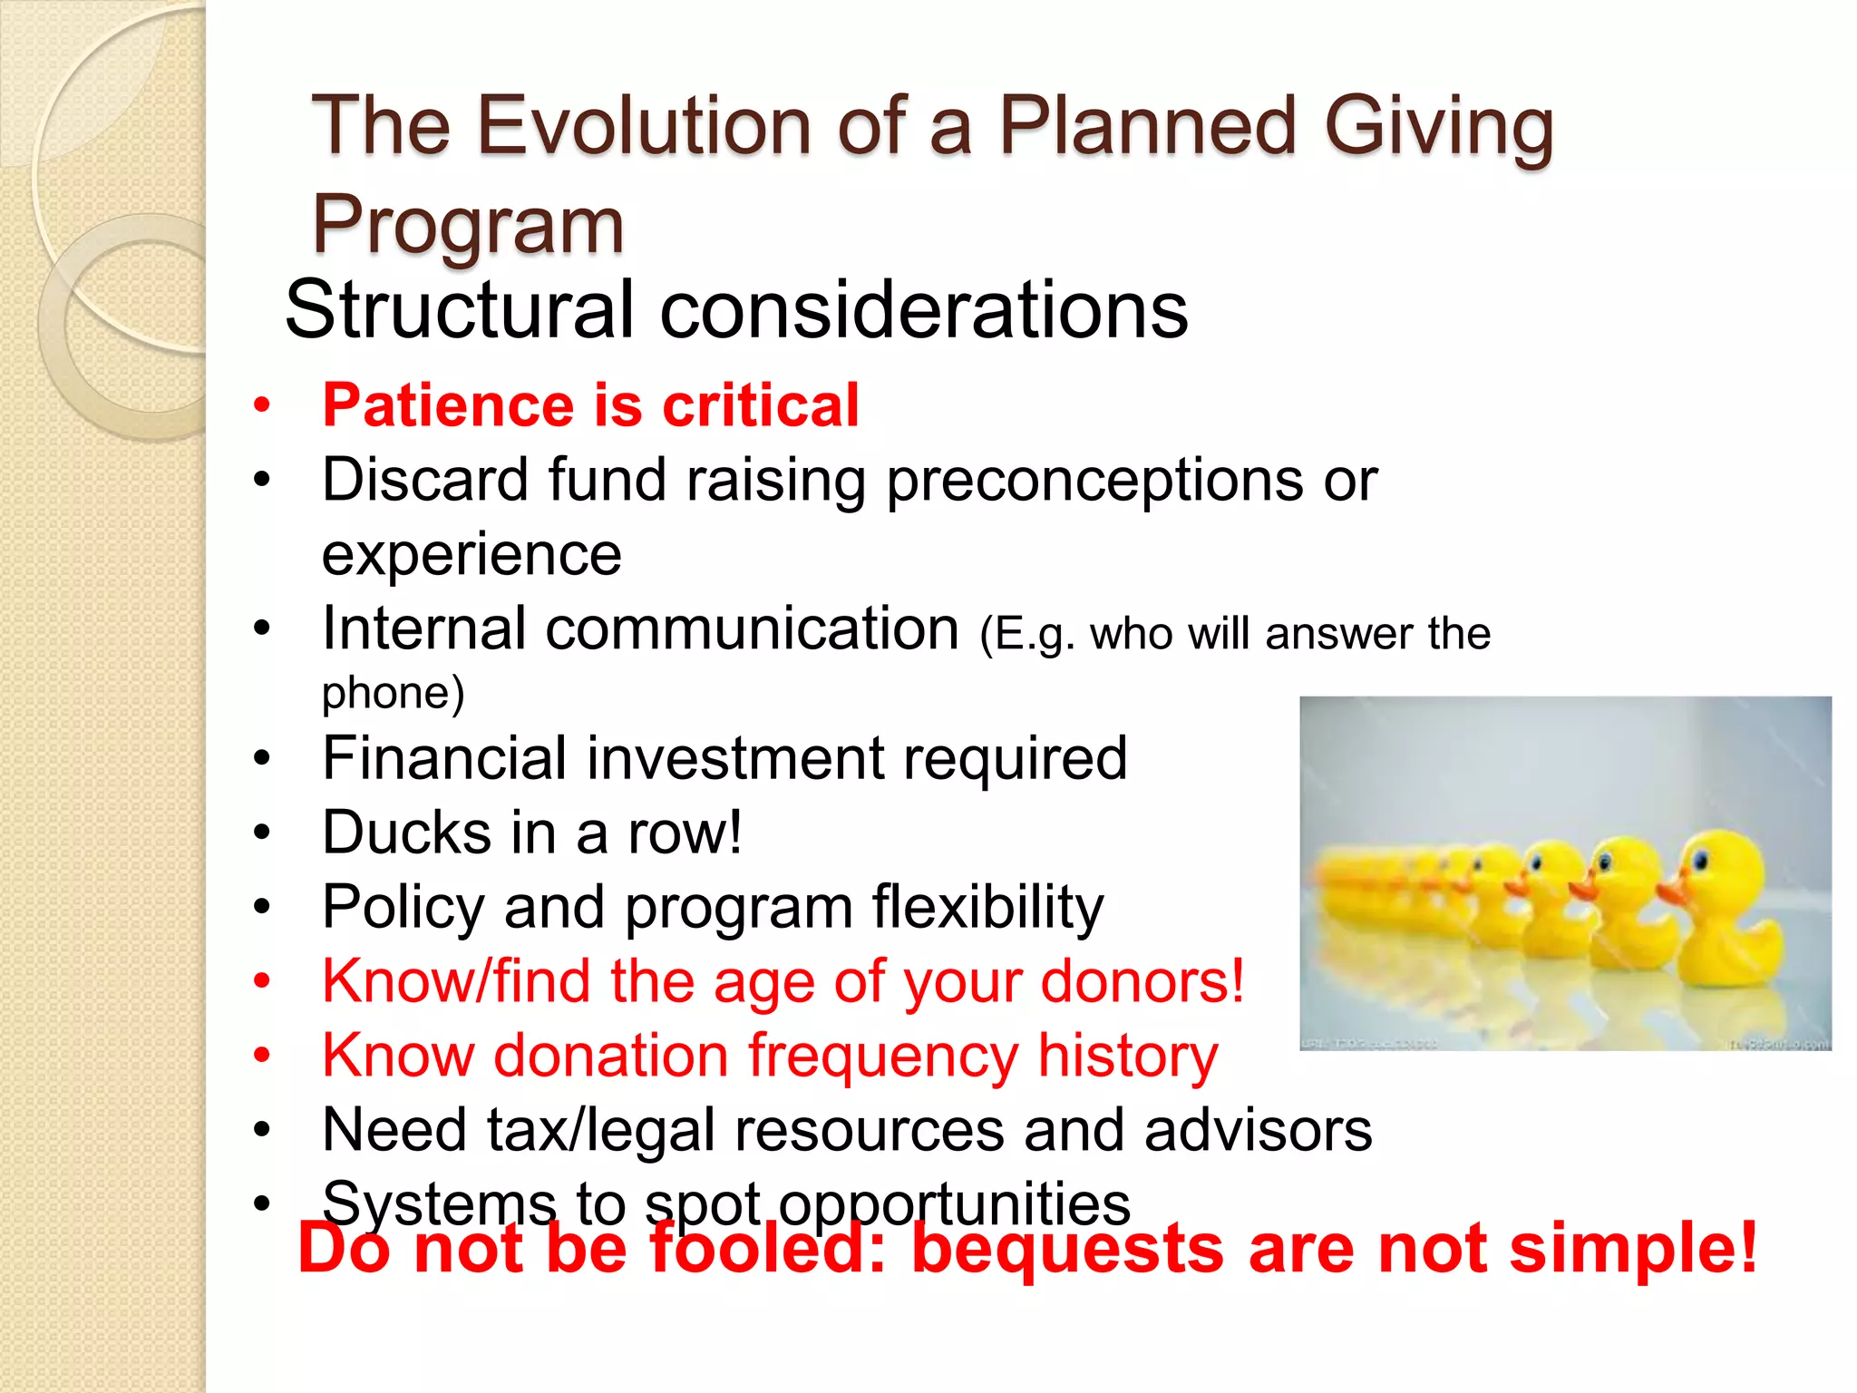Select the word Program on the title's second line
coord(468,225)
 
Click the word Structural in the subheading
coord(459,310)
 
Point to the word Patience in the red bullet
coord(446,405)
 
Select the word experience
coord(472,555)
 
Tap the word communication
coord(752,629)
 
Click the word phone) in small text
coord(393,694)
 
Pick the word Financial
coord(444,758)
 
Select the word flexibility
coord(987,907)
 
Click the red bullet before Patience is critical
coord(262,405)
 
